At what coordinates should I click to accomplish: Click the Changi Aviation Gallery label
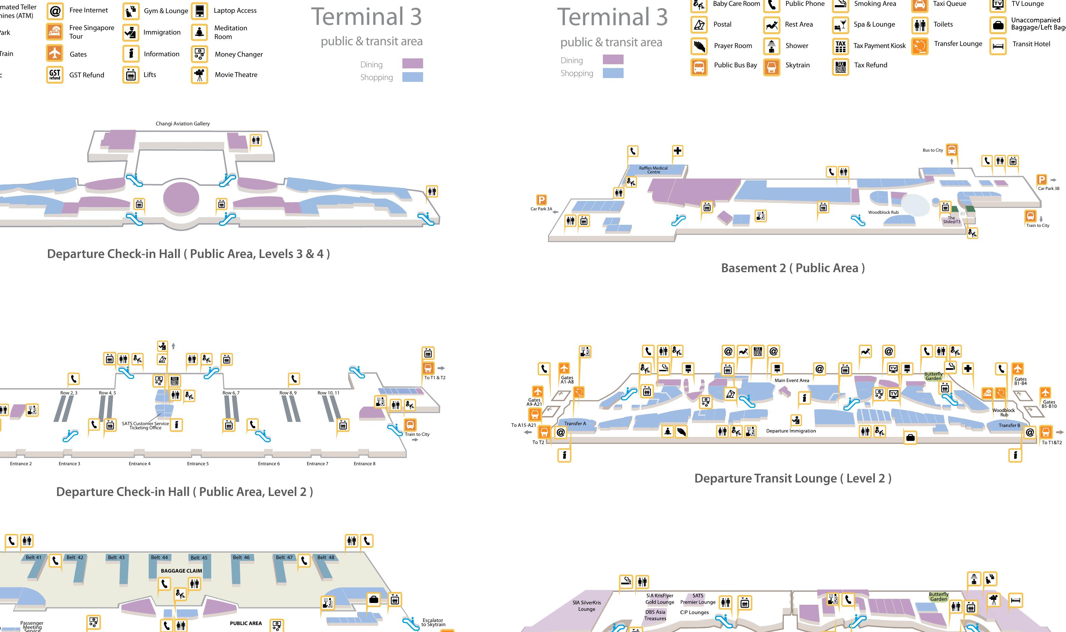(183, 124)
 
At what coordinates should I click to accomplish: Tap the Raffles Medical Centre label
(653, 170)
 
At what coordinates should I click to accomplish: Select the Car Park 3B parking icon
(1041, 180)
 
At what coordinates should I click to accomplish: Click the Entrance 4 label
(139, 464)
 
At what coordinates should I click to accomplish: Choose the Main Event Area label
(792, 380)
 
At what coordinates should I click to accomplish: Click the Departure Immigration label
(791, 431)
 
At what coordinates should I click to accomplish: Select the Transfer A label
(575, 424)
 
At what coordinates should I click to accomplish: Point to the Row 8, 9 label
(288, 393)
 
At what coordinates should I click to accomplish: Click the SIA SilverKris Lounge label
(586, 606)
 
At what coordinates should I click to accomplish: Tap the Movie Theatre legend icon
(199, 75)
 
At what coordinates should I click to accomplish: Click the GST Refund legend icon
(55, 75)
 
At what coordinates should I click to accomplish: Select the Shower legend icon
(771, 46)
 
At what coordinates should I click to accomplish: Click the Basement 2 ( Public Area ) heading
(792, 268)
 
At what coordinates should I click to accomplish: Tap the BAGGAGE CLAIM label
(181, 571)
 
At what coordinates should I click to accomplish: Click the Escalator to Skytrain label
(433, 622)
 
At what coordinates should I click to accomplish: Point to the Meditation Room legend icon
(199, 32)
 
